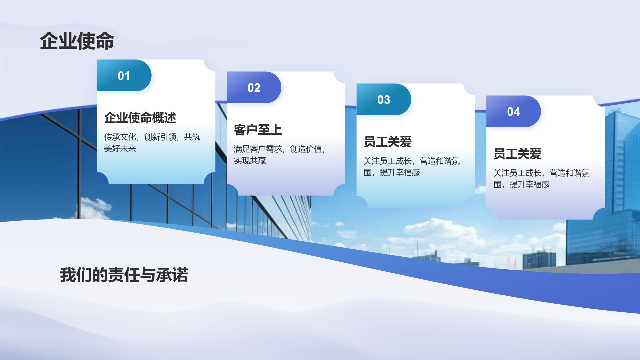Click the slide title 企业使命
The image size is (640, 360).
[77, 41]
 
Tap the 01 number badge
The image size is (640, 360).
[124, 75]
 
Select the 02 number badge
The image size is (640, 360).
[254, 87]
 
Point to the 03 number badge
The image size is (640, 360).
[384, 99]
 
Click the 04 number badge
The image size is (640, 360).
[513, 111]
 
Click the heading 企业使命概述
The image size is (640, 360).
[140, 118]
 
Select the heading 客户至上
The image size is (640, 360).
[258, 130]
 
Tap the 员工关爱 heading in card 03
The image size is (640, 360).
[388, 142]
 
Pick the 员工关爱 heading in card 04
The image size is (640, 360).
[517, 154]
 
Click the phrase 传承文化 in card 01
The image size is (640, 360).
[120, 137]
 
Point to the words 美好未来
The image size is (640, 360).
[120, 148]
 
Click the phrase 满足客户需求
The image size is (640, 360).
[258, 149]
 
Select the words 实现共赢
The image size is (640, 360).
[250, 160]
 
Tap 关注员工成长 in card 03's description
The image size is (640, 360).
[388, 161]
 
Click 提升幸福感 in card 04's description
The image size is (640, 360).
[529, 184]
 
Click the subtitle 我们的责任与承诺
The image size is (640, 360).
[124, 275]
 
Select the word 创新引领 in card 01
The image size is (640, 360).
[160, 137]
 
